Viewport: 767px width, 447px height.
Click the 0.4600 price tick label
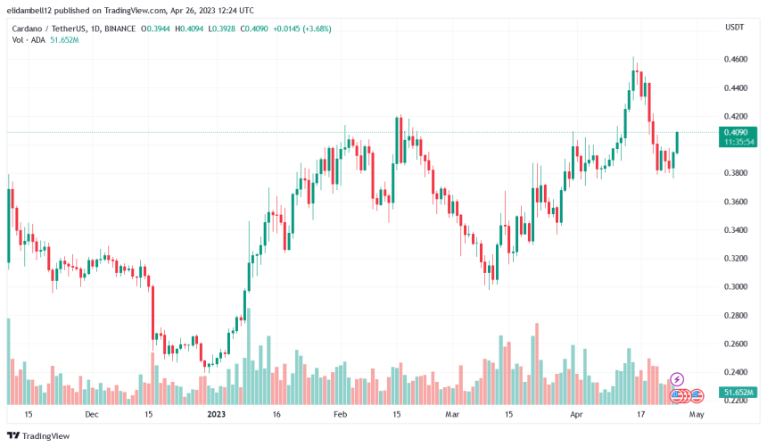tap(736, 59)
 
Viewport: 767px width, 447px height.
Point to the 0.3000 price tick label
tap(736, 287)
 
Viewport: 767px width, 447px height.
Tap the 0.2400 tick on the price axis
tap(736, 372)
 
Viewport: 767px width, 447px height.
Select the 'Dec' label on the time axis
tap(91, 415)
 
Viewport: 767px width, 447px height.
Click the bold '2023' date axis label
tap(217, 415)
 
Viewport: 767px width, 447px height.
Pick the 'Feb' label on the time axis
tap(340, 415)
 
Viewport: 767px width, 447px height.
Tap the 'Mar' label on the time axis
tap(452, 415)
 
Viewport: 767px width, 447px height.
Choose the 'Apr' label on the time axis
tap(575, 415)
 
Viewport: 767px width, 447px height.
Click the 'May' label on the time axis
tap(697, 415)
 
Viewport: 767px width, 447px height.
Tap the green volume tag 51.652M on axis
tap(739, 393)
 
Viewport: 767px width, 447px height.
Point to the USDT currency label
tap(733, 27)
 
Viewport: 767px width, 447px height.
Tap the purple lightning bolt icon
tap(676, 379)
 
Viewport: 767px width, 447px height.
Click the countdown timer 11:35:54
tap(739, 142)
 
